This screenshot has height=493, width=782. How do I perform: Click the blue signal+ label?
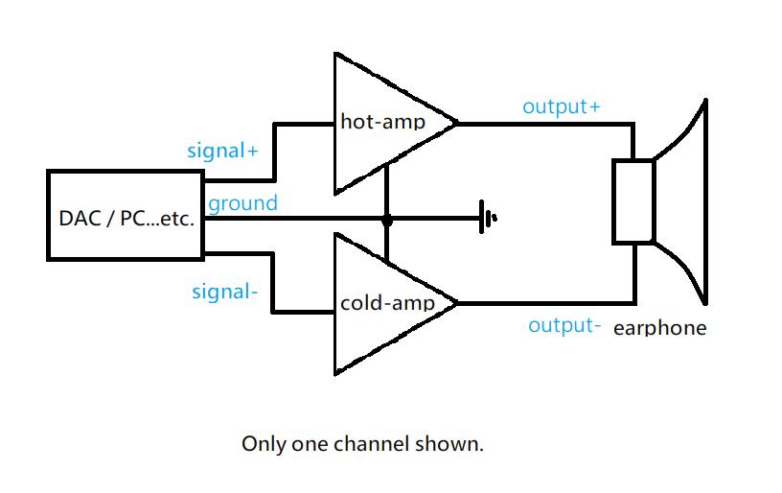[x=222, y=151]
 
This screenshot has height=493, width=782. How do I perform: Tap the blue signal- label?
[x=224, y=292]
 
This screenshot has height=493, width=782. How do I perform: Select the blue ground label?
[x=242, y=203]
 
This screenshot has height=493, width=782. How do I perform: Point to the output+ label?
[x=561, y=106]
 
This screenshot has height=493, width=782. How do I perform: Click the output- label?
[x=564, y=326]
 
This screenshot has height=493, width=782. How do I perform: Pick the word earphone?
[x=659, y=328]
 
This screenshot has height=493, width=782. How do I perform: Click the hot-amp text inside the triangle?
[x=383, y=122]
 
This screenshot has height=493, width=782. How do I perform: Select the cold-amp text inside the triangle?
[x=387, y=303]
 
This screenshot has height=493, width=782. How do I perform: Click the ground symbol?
[x=486, y=217]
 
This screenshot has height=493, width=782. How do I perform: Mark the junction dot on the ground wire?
[x=387, y=220]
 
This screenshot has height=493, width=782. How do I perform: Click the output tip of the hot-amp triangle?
[x=457, y=123]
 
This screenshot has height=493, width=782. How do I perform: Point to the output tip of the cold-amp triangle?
[x=457, y=303]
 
